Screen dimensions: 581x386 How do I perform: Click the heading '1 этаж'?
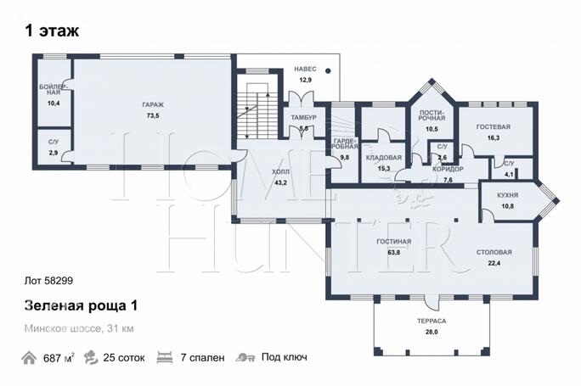point(52,31)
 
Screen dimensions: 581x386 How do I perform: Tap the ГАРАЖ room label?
point(153,104)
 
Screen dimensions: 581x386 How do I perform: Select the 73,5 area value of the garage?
point(153,116)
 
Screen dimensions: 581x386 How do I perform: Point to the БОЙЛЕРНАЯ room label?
point(54,90)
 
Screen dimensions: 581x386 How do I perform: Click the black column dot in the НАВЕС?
point(328,70)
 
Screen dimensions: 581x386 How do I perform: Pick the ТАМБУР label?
point(303,118)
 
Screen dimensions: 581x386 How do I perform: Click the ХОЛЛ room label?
point(280,171)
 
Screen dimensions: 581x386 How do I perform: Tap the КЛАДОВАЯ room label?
point(383,158)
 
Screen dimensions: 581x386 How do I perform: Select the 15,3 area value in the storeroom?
point(383,169)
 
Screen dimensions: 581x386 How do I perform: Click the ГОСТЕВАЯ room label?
point(494,127)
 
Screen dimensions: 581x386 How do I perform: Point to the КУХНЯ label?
point(508,195)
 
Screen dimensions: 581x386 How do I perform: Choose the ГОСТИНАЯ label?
point(394,242)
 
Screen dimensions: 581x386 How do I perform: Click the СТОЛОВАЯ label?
point(494,253)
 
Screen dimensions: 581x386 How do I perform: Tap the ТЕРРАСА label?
point(432,321)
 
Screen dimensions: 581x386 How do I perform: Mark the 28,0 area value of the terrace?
point(432,332)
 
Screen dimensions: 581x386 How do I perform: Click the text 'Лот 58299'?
point(48,281)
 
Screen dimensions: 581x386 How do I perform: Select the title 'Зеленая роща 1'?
point(81,305)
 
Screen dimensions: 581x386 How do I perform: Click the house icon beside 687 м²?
point(29,358)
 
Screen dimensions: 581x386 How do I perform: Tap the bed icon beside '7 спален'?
point(165,358)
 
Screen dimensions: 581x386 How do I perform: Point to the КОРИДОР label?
point(448,169)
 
